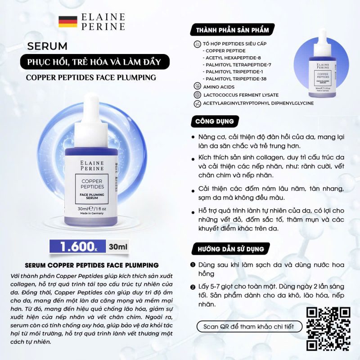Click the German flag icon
click(x=67, y=22)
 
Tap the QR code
click(x=328, y=329)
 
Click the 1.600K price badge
click(x=77, y=247)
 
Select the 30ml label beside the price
click(x=119, y=247)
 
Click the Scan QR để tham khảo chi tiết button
click(x=246, y=326)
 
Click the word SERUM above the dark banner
click(x=47, y=46)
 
